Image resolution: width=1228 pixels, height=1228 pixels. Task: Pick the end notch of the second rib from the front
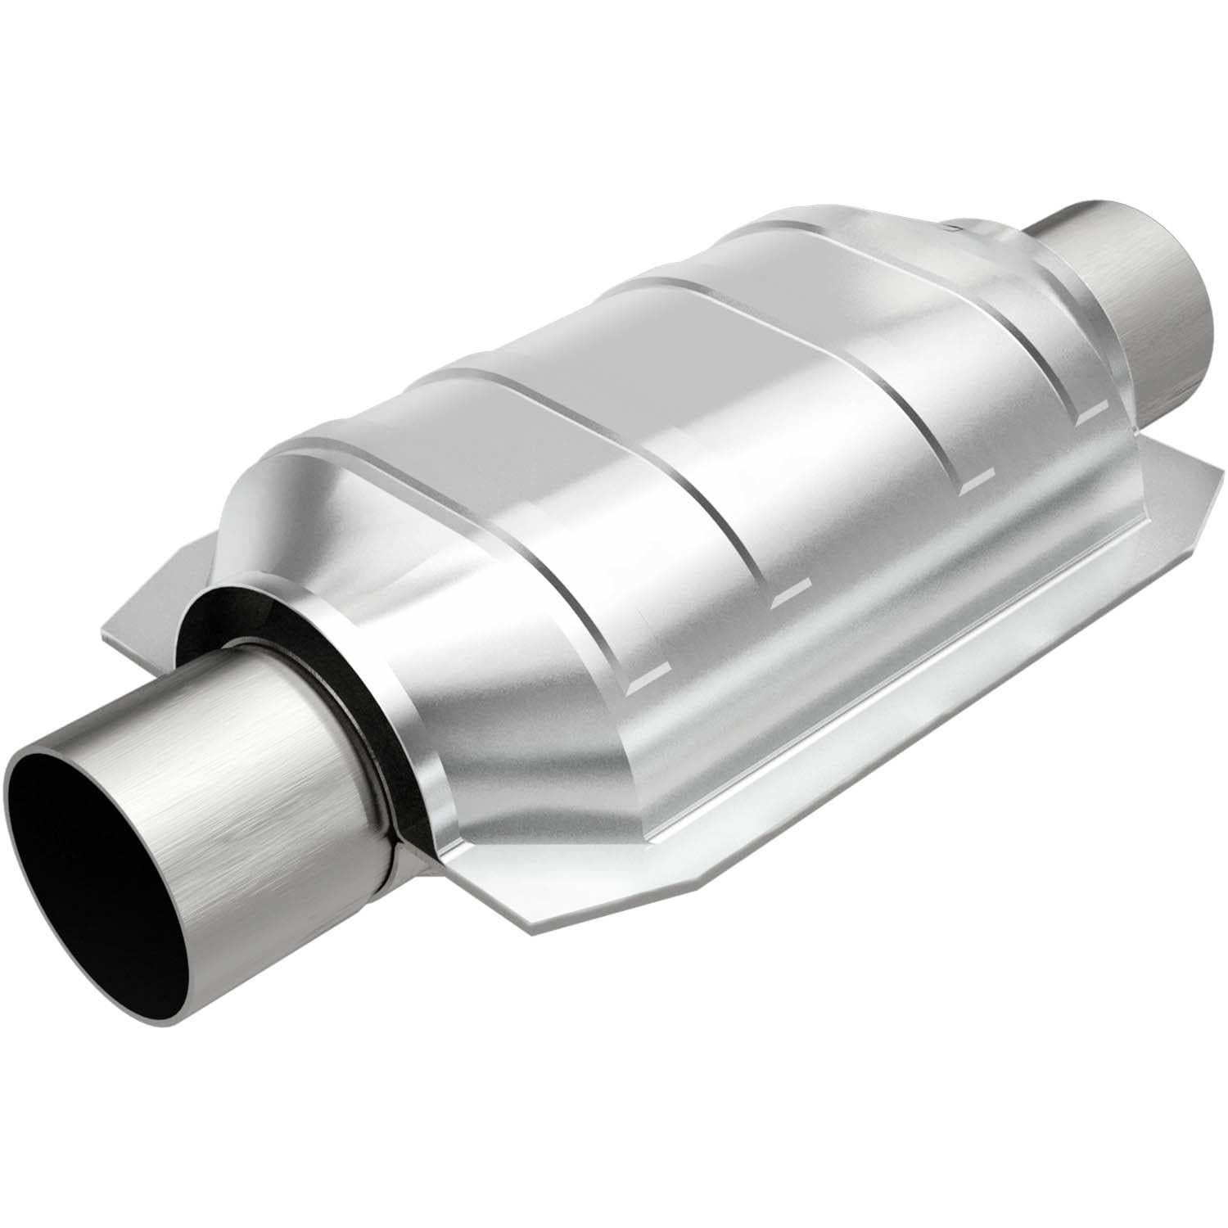point(790,596)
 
